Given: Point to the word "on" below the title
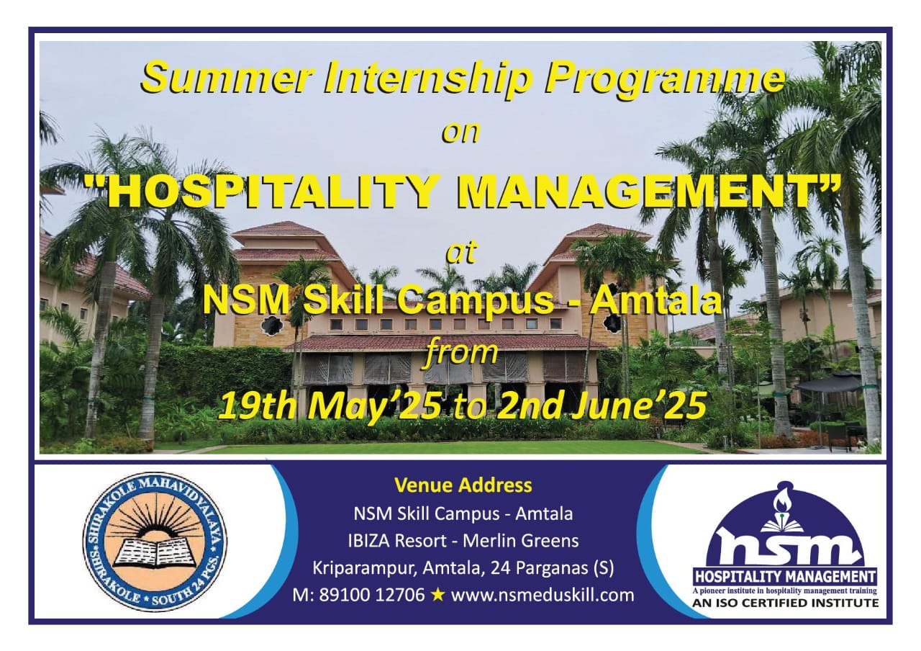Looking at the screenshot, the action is (x=460, y=133).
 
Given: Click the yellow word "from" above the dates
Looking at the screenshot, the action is (x=461, y=353).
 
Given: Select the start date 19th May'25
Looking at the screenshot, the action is (x=330, y=405).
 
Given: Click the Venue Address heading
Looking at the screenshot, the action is (x=463, y=485).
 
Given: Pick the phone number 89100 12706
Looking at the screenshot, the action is (x=372, y=595).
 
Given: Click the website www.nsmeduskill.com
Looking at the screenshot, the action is (x=543, y=596).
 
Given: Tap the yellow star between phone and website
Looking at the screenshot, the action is (x=438, y=595).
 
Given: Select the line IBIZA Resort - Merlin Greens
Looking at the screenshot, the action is (x=463, y=541).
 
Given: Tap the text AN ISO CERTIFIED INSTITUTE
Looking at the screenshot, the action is (x=785, y=603).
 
